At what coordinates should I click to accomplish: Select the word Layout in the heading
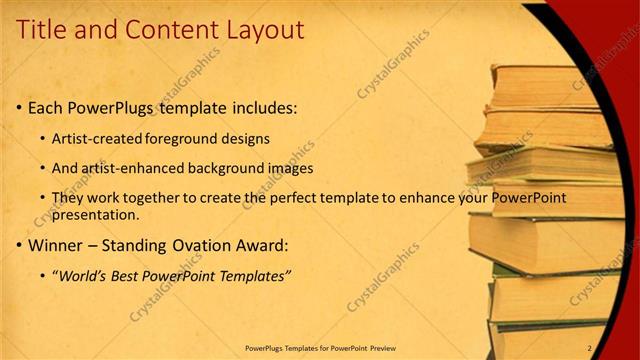[x=258, y=30]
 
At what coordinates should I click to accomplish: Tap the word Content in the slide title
[x=164, y=30]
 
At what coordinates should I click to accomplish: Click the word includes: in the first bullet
[x=260, y=107]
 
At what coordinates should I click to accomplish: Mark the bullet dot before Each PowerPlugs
[x=19, y=107]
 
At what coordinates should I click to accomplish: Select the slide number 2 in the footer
[x=590, y=348]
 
